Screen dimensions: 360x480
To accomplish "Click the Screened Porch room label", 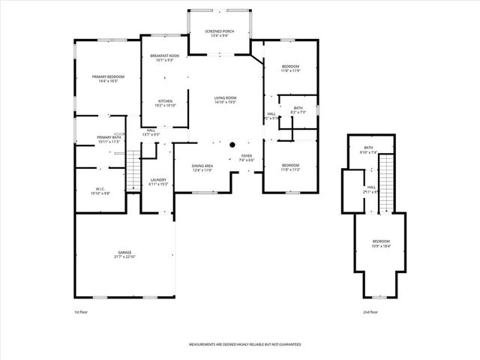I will point(218,33).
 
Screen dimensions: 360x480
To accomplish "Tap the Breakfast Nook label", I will point(164,58).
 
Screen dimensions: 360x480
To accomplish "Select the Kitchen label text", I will point(165,103).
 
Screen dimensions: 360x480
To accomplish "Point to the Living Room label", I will point(225,100).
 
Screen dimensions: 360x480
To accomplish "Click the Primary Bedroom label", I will point(108,79).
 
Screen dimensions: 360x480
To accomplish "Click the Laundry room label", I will point(157,181).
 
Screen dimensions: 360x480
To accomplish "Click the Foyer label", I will point(247,157).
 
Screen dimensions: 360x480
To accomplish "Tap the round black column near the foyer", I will point(232,144).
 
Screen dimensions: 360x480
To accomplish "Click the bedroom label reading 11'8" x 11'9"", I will point(290,69).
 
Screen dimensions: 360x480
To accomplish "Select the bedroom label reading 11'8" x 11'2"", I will point(290,167).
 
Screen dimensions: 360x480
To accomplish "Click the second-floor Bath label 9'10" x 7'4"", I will point(368,149).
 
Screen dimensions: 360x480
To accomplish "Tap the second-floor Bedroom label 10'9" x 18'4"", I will point(381,244).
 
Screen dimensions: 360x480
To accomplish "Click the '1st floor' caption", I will point(81,311).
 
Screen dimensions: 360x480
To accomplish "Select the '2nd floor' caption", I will point(370,311).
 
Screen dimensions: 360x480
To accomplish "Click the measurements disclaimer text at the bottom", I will point(240,343).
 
